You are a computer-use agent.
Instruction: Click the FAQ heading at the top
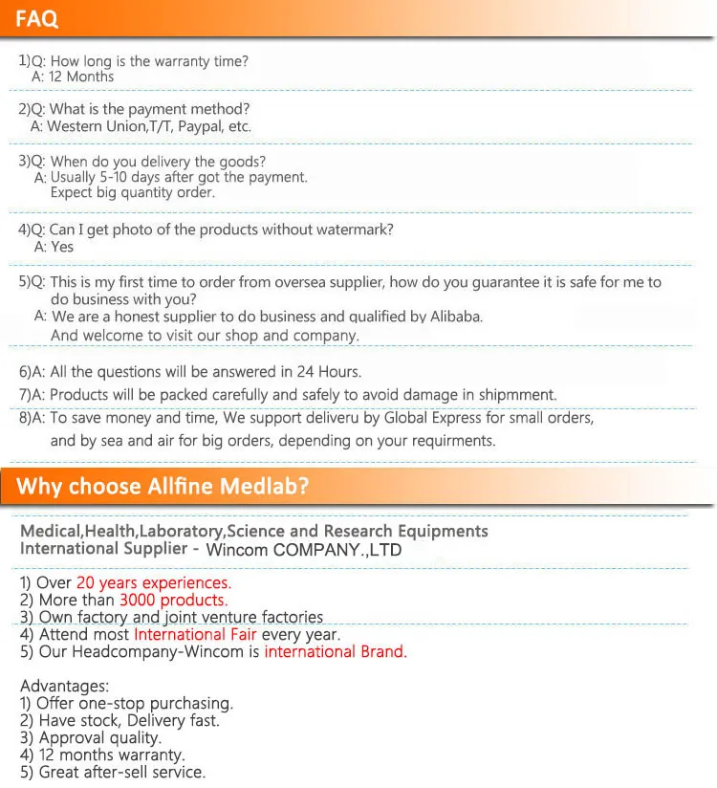pyautogui.click(x=37, y=18)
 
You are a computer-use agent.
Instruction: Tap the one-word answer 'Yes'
pyautogui.click(x=62, y=247)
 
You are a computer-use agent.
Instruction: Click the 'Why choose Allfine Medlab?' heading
pyautogui.click(x=163, y=486)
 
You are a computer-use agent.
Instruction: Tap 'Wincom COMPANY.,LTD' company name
pyautogui.click(x=304, y=550)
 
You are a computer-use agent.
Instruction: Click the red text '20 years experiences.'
pyautogui.click(x=154, y=582)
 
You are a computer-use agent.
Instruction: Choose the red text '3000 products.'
pyautogui.click(x=173, y=601)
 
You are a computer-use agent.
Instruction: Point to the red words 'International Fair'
pyautogui.click(x=196, y=634)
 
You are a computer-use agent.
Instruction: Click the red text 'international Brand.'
pyautogui.click(x=336, y=652)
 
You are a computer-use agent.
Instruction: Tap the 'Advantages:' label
pyautogui.click(x=65, y=686)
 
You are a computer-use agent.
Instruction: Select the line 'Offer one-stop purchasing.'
pyautogui.click(x=134, y=703)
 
